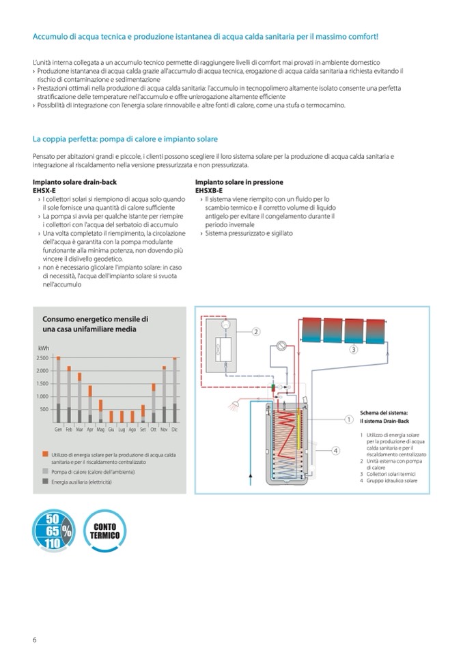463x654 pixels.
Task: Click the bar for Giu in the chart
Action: (x=111, y=416)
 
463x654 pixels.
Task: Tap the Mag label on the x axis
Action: (x=100, y=430)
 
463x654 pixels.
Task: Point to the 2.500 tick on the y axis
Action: (x=42, y=357)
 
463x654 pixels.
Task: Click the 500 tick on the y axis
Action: (x=44, y=409)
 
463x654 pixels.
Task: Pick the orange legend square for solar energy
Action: (x=44, y=454)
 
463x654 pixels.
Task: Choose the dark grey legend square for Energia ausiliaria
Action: (x=44, y=481)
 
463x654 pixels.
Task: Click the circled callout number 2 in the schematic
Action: (x=256, y=332)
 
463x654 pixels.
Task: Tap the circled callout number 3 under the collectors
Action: (x=353, y=350)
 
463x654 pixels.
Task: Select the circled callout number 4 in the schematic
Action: (x=335, y=450)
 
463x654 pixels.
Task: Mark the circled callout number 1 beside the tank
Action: (x=348, y=419)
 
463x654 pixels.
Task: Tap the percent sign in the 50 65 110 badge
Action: (x=66, y=529)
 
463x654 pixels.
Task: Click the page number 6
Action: (x=35, y=639)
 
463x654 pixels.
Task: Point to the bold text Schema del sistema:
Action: (x=383, y=413)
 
